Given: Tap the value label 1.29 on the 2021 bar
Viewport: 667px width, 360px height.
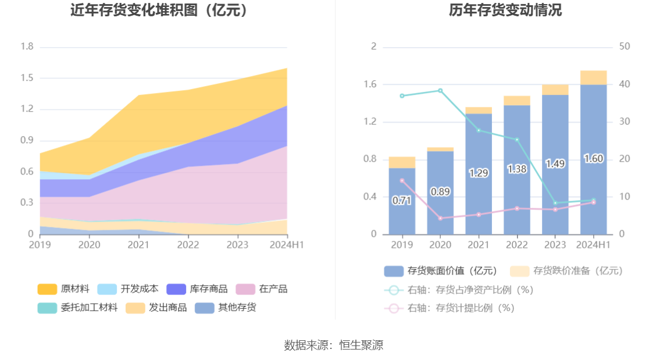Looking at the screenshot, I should click(x=479, y=173).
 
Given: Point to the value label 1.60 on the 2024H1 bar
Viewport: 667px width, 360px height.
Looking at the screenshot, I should click(x=593, y=159).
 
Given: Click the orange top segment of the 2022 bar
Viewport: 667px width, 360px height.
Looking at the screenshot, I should click(x=517, y=101).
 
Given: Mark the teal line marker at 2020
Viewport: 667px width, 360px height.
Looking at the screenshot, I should click(x=440, y=91).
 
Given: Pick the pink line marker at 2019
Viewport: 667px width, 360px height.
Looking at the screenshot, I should click(x=402, y=180).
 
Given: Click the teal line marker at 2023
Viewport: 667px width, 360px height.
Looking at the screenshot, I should click(x=555, y=203).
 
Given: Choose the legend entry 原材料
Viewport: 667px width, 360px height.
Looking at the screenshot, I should click(x=64, y=289).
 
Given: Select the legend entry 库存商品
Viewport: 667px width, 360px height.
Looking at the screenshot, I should click(x=197, y=289).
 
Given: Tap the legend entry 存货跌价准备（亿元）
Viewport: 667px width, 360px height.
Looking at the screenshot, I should click(x=566, y=270).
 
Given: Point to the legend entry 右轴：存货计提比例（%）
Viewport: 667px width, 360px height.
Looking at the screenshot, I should click(x=450, y=308).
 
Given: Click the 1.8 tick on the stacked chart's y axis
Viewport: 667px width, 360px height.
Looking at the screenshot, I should click(x=27, y=47).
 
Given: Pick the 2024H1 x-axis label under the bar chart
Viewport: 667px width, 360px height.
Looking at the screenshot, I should click(x=593, y=245).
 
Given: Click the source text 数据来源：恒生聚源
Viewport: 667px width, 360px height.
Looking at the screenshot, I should click(x=333, y=345).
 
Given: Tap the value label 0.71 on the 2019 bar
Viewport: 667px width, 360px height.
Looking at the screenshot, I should click(x=402, y=201).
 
